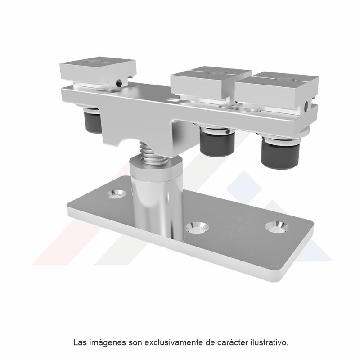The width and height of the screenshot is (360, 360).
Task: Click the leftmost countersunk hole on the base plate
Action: tap(117, 194)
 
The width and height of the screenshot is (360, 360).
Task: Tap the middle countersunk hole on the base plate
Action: tap(197, 228)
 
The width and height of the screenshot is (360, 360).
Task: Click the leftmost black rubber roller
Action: tap(93, 121)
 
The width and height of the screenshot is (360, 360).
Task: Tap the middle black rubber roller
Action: tap(217, 142)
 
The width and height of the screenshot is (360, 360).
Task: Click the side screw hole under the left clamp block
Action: tap(119, 83)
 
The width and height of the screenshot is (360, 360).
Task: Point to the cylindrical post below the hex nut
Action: tap(157, 209)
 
